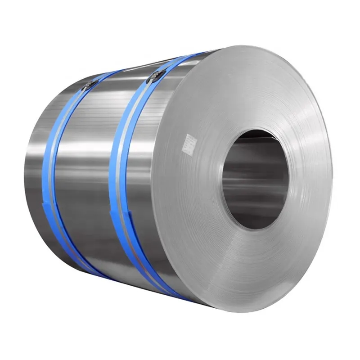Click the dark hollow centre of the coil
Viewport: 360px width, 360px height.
[x=252, y=180]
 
